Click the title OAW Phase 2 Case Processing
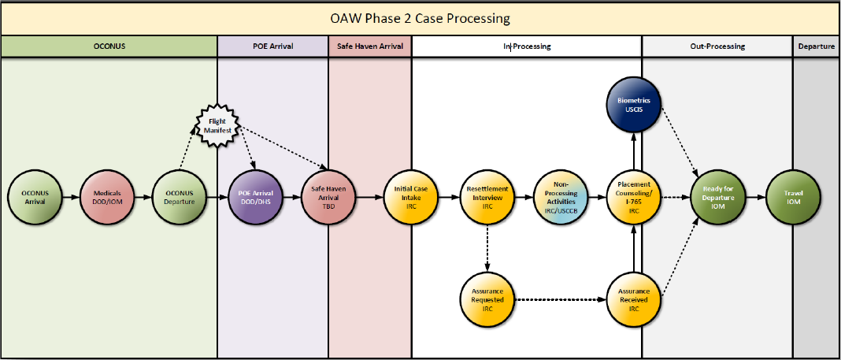coord(420,17)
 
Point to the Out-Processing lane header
coord(717,46)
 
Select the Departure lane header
coord(817,46)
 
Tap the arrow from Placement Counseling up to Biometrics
coord(634,151)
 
